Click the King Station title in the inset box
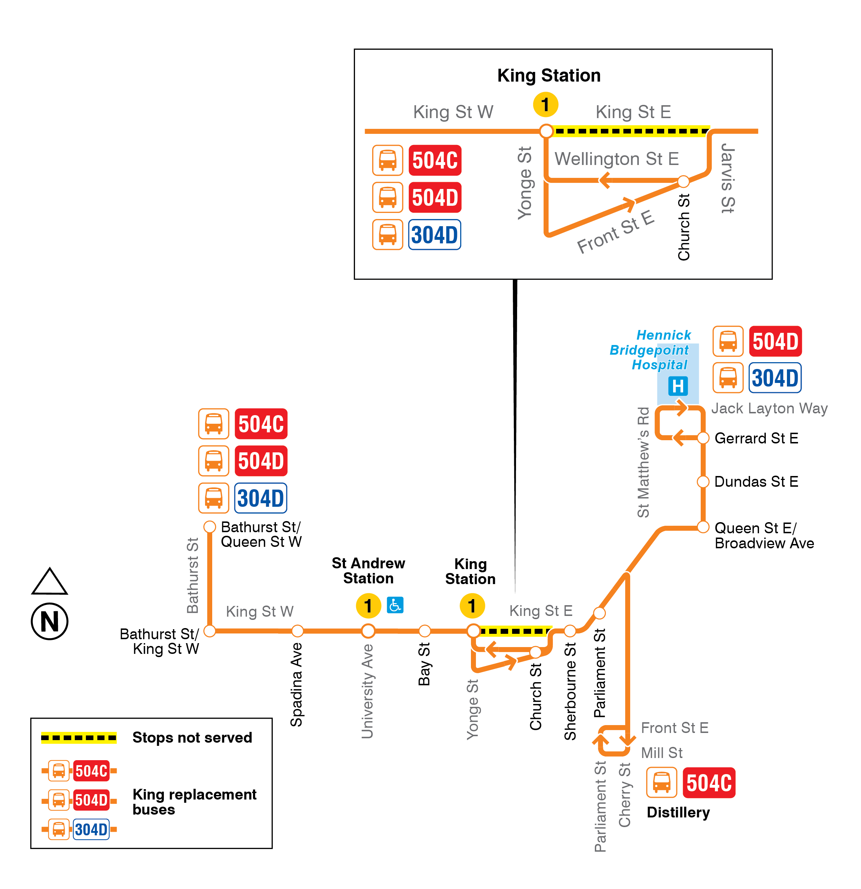549,75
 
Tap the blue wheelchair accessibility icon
395,604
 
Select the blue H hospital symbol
678,386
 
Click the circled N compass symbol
49,621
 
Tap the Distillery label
678,812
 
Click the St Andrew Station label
368,570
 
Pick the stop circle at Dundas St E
703,481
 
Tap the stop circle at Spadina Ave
297,631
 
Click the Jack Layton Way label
769,408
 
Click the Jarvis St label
728,178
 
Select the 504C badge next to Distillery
709,782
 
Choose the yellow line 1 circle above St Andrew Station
368,606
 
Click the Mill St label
661,753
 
